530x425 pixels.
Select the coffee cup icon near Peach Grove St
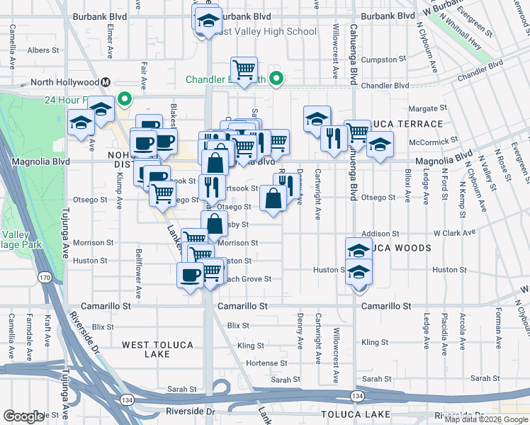[x=189, y=274]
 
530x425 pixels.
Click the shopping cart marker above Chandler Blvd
[x=244, y=70]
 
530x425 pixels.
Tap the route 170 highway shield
[x=45, y=276]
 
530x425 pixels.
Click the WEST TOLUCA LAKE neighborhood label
[x=157, y=349]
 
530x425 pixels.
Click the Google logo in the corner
[x=23, y=416]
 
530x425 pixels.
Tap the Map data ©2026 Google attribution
[x=486, y=419]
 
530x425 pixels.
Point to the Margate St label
[x=432, y=108]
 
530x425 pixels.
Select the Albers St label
[x=43, y=50]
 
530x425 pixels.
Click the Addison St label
[x=376, y=233]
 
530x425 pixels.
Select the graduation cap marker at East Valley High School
[x=208, y=21]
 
